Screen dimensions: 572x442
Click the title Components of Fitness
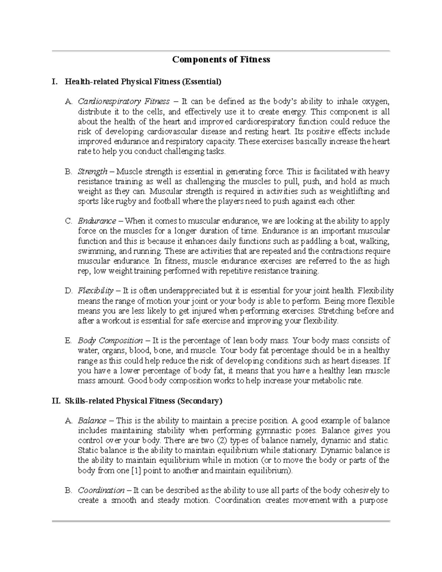pos(221,59)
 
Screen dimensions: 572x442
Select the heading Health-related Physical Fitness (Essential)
pos(143,81)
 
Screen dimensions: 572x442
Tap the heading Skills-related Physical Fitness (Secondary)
pos(144,401)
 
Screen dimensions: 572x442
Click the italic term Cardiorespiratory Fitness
pos(124,101)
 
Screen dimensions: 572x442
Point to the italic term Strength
pos(92,171)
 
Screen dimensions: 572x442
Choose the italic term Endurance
pos(97,221)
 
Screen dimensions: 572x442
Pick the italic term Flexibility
pos(95,291)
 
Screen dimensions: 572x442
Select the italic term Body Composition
pos(110,341)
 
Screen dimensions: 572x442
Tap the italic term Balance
pos(92,421)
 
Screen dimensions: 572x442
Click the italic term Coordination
pos(101,490)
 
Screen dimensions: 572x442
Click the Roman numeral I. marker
pos(55,81)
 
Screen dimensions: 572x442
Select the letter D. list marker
pos(68,291)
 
